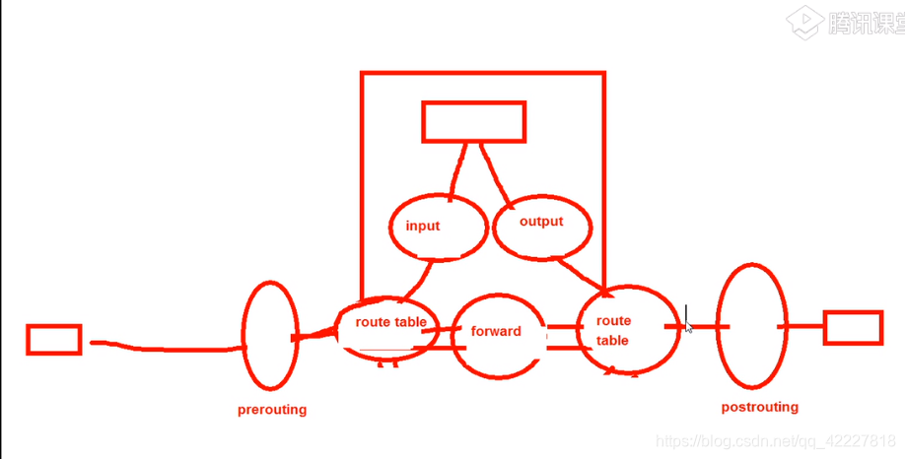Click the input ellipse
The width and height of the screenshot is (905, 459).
point(438,226)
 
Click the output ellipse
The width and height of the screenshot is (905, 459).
point(541,225)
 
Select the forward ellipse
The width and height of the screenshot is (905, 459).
point(498,335)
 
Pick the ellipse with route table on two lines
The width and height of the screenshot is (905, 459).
point(625,332)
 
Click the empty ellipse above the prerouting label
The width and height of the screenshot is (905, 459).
point(269,335)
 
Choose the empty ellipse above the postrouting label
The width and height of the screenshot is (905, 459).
point(753,325)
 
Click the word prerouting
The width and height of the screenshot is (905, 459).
point(272,410)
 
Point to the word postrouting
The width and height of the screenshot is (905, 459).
point(759,407)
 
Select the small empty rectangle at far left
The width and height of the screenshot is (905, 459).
point(54,340)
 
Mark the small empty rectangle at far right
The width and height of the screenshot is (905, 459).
point(853,328)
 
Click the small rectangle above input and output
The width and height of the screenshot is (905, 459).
point(473,121)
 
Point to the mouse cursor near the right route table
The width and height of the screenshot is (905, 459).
point(688,322)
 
